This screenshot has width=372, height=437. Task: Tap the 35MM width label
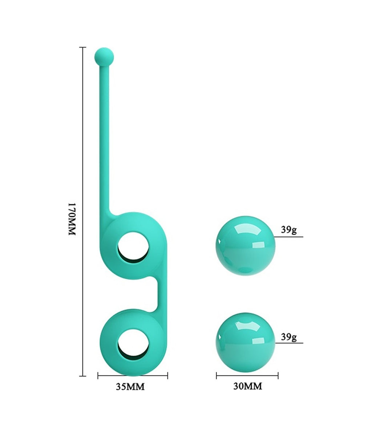(130, 387)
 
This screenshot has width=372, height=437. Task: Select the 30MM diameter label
(248, 386)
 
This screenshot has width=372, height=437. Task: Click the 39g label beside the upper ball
(289, 230)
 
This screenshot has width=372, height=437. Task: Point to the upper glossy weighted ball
(246, 246)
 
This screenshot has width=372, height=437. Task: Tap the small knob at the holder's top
(104, 57)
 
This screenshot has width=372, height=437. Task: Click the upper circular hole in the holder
(133, 248)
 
